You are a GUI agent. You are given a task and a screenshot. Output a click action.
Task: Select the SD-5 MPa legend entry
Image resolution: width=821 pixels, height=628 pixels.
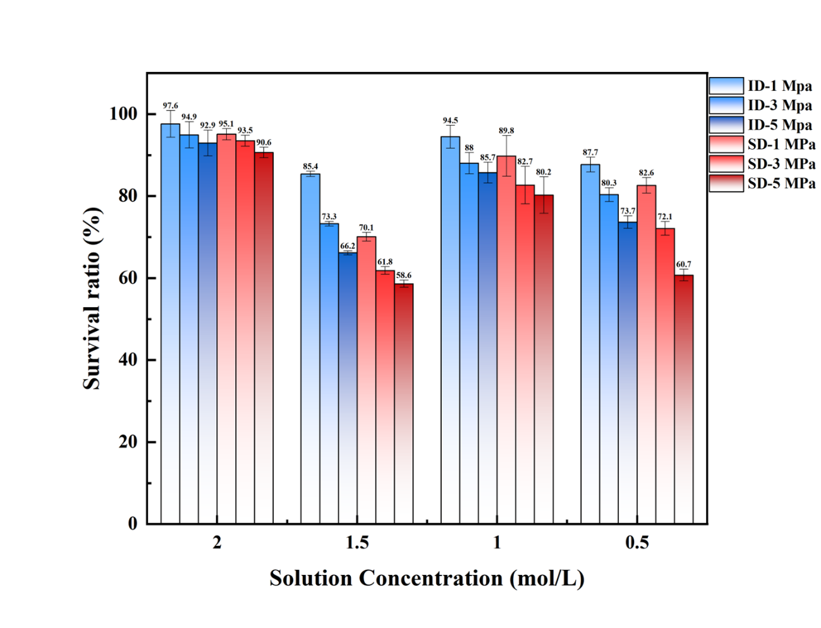tap(762, 184)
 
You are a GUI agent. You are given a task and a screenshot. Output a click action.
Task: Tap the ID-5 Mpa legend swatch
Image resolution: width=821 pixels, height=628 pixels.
tap(726, 125)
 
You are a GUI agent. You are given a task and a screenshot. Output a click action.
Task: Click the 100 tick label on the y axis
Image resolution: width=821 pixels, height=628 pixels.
tap(124, 114)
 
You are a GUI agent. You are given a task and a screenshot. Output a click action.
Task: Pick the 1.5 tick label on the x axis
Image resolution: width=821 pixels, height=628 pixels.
tap(357, 543)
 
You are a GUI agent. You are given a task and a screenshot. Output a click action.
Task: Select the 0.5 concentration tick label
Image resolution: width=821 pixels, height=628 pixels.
tap(637, 543)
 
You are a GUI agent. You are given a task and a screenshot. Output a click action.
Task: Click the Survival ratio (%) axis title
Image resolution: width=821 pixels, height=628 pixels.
tap(92, 298)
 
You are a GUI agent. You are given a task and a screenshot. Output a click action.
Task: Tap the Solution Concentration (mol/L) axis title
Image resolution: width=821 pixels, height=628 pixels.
tap(427, 578)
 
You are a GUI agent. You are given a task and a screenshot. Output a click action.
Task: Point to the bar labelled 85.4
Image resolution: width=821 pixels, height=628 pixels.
tap(310, 348)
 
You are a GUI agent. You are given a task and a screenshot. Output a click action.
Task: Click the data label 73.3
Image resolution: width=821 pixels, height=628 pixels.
tap(329, 217)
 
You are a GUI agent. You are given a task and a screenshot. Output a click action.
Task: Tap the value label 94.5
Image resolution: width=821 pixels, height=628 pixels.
tap(450, 121)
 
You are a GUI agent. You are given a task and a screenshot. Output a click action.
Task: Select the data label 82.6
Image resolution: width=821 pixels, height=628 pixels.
tap(646, 173)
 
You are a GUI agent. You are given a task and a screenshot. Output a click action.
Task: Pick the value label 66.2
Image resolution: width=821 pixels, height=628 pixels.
tap(348, 246)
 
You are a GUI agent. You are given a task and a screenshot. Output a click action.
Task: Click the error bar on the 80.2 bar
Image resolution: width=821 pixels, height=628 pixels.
tap(544, 195)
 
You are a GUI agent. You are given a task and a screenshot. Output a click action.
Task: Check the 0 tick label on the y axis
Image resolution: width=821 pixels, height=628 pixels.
tap(132, 524)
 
